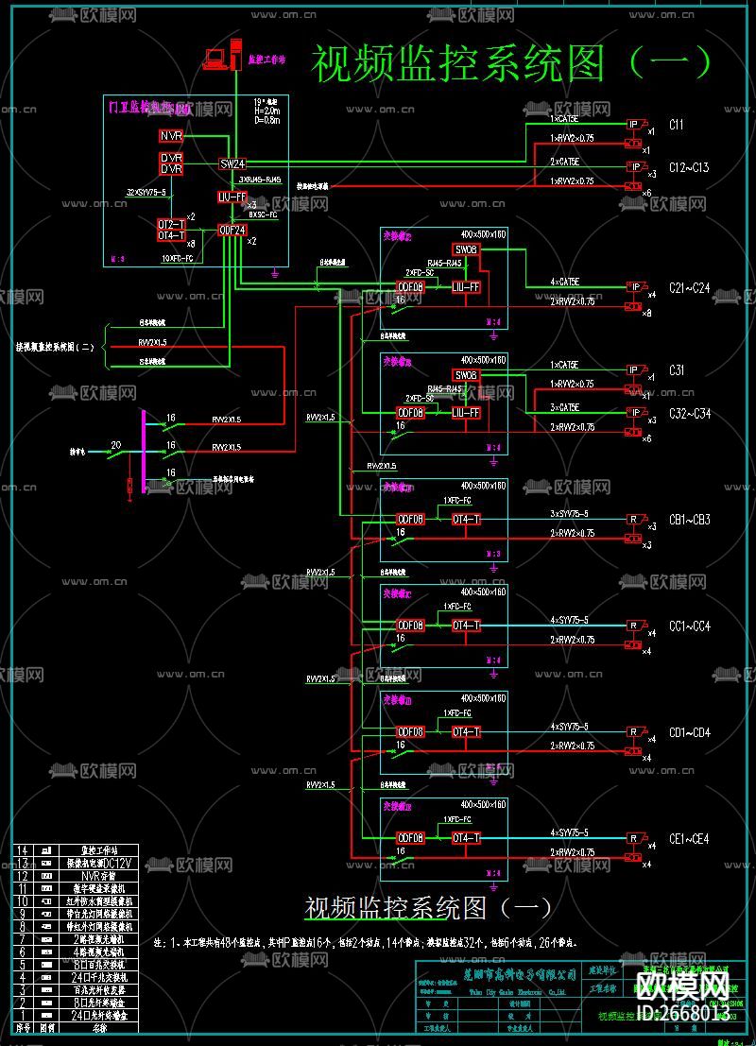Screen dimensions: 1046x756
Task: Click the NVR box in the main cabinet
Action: (171, 137)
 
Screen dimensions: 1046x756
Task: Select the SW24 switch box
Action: (232, 163)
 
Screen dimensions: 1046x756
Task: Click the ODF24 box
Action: (232, 230)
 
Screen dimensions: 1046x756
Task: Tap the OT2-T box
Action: (171, 224)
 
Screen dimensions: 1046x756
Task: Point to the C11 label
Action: (676, 125)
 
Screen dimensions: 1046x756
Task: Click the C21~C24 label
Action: (689, 288)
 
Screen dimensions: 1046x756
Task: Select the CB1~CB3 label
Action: (689, 520)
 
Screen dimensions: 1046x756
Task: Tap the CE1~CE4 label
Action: (689, 839)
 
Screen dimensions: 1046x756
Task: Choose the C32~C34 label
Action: (689, 413)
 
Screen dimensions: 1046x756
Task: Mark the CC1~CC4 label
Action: (689, 626)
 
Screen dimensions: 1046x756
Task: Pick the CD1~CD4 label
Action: (689, 733)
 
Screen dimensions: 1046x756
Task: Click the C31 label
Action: (677, 370)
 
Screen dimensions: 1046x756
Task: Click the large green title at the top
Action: (510, 63)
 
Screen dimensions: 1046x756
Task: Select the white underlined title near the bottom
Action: (428, 908)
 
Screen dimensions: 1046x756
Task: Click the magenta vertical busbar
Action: (143, 453)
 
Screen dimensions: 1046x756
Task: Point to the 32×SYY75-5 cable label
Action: (146, 193)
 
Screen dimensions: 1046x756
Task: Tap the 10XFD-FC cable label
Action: (178, 257)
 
